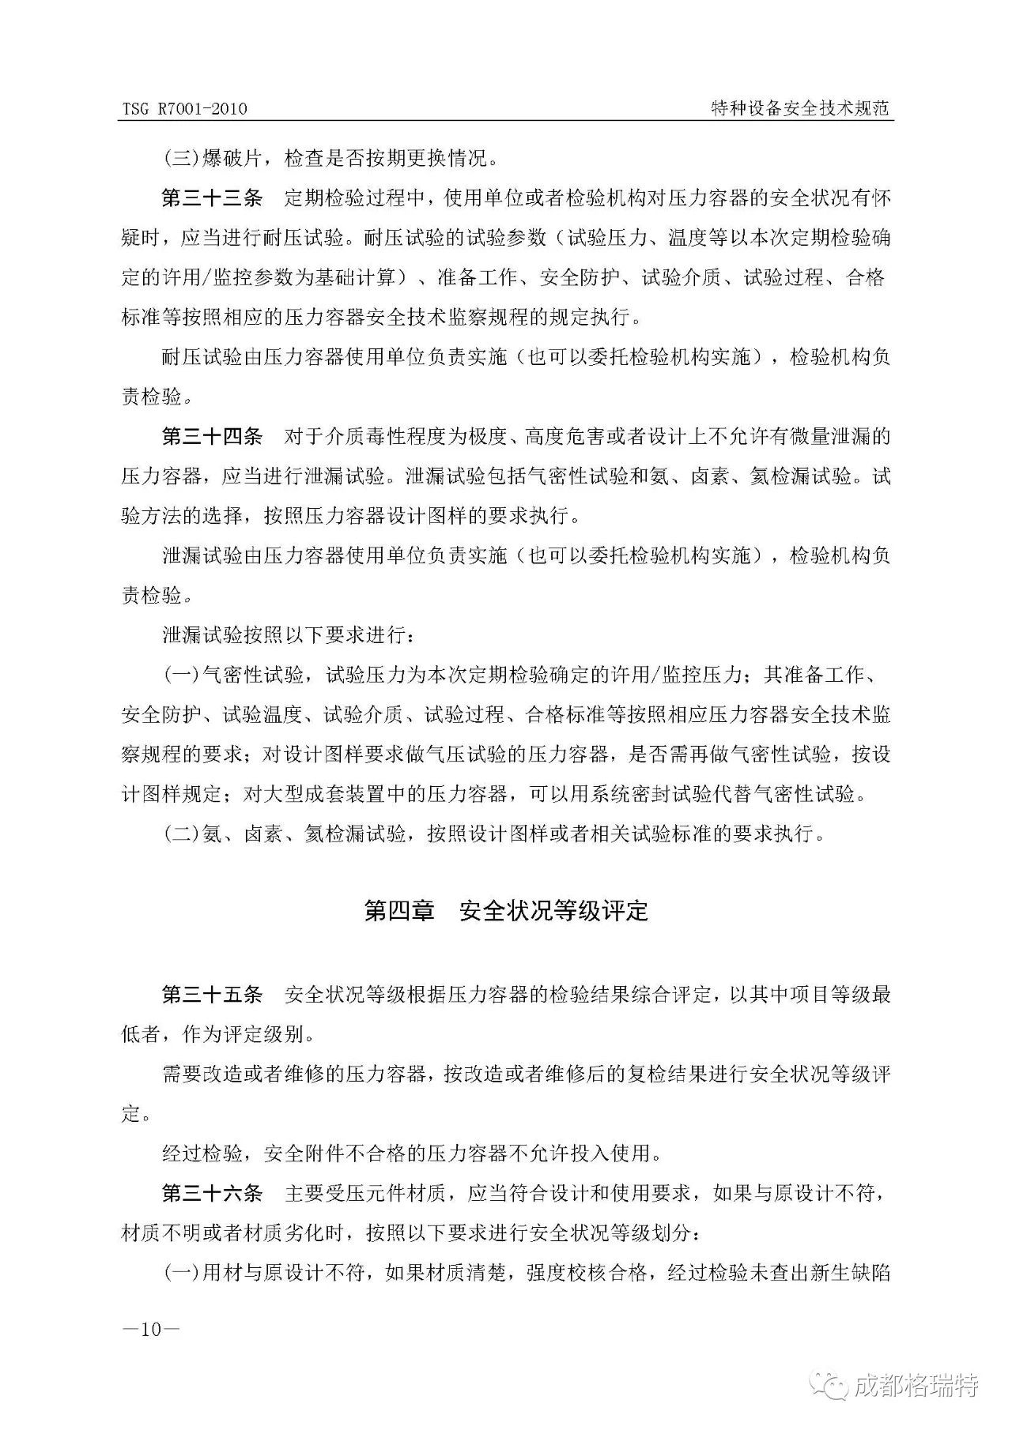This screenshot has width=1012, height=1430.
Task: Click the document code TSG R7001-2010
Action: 184,109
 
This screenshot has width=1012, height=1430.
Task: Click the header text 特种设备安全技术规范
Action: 801,108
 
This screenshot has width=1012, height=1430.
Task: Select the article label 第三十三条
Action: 212,198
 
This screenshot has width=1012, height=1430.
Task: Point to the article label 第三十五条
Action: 212,994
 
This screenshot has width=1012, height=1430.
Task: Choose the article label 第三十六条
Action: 212,1192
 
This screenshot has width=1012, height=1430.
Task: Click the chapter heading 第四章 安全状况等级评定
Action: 506,911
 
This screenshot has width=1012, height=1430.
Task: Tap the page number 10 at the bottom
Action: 151,1329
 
